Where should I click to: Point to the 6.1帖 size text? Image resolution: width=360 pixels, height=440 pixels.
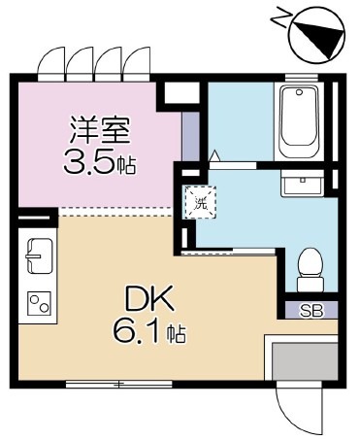click(148, 334)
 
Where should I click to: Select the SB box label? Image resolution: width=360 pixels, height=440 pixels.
click(310, 311)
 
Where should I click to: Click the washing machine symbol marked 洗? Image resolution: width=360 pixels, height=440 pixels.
click(201, 204)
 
